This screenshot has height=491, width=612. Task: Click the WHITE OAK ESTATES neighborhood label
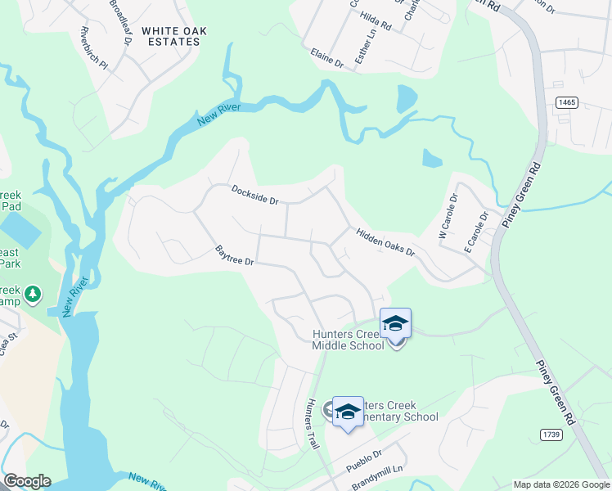coord(173,36)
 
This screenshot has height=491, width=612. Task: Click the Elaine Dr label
coord(326,58)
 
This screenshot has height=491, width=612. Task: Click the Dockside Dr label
coord(255,194)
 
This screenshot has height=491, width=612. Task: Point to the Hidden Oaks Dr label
coord(385,242)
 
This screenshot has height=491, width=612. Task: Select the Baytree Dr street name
coord(235,255)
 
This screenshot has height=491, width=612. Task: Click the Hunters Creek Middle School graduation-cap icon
coord(395,323)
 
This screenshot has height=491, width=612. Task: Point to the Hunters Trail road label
coord(311,422)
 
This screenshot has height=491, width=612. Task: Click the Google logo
coord(27,481)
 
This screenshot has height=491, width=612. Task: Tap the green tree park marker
coord(32,293)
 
